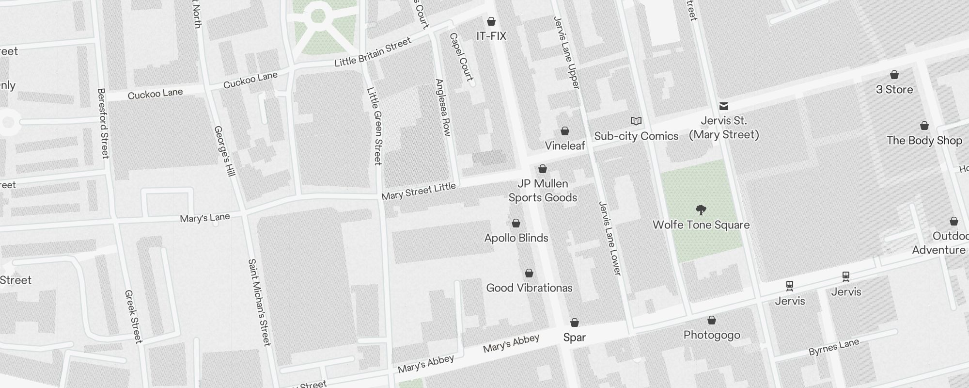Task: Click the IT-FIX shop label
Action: pyautogui.click(x=491, y=36)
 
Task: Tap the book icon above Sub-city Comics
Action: pyautogui.click(x=636, y=121)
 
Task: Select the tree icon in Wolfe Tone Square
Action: pyautogui.click(x=701, y=210)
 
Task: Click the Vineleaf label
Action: pyautogui.click(x=565, y=145)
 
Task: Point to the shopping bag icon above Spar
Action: pyautogui.click(x=575, y=323)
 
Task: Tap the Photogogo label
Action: pyautogui.click(x=711, y=335)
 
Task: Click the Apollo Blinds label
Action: pyautogui.click(x=516, y=238)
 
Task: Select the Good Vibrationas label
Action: pyautogui.click(x=529, y=288)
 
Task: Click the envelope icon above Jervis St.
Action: pyautogui.click(x=724, y=106)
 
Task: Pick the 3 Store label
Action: pyautogui.click(x=894, y=89)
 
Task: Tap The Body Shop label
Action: pyautogui.click(x=924, y=140)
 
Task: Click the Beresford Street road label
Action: pyautogui.click(x=103, y=123)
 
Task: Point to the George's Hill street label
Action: pyautogui.click(x=224, y=151)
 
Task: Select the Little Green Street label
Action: pyautogui.click(x=375, y=126)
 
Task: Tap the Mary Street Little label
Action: pyautogui.click(x=419, y=192)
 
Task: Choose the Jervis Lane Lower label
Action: pyautogui.click(x=610, y=238)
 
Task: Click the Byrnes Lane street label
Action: pyautogui.click(x=833, y=347)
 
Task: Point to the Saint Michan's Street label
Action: pyautogui.click(x=259, y=302)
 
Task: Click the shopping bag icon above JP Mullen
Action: pyautogui.click(x=543, y=169)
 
